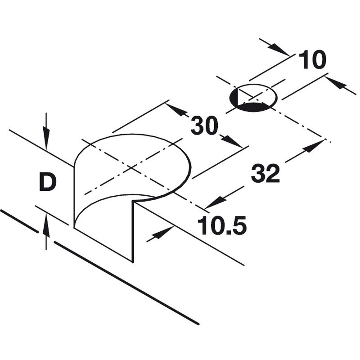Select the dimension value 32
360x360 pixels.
(265, 173)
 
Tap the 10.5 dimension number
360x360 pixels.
(222, 225)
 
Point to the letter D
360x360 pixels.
(47, 182)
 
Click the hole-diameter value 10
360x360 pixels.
(312, 60)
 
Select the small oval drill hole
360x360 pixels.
(253, 97)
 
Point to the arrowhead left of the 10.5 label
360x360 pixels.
(165, 232)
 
